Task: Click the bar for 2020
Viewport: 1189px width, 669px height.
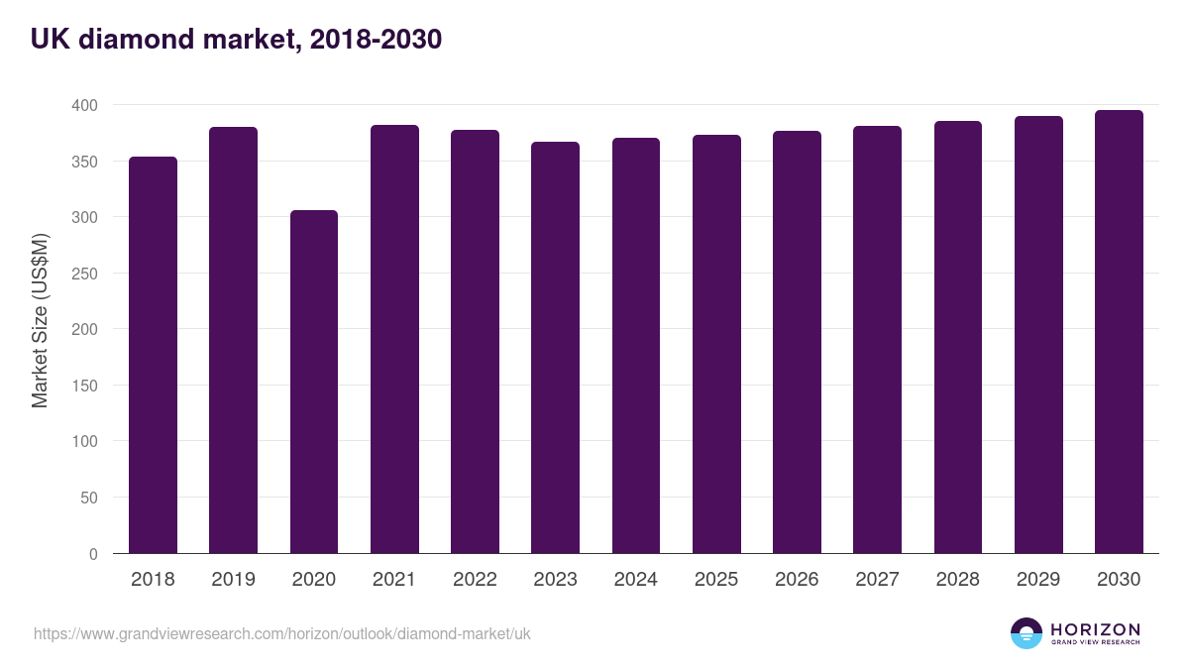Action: [x=314, y=382]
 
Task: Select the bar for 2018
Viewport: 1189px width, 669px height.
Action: [x=153, y=355]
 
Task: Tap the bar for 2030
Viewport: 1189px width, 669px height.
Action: [x=1119, y=332]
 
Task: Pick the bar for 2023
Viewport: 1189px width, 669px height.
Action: [x=555, y=348]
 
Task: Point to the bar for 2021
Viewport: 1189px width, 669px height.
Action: [x=394, y=339]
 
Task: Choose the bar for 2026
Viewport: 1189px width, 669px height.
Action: [x=797, y=342]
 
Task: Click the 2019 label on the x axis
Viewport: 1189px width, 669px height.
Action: [x=233, y=580]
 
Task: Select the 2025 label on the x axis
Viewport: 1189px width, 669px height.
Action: [x=715, y=580]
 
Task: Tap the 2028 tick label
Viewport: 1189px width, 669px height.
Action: [x=957, y=580]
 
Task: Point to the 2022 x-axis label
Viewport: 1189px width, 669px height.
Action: [x=475, y=580]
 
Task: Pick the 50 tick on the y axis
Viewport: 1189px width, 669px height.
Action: [x=88, y=498]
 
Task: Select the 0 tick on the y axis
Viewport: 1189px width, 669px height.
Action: [x=93, y=554]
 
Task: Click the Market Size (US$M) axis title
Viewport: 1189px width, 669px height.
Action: [x=40, y=319]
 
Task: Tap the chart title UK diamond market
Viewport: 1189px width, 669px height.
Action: [x=236, y=40]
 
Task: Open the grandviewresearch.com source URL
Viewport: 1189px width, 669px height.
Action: [x=282, y=633]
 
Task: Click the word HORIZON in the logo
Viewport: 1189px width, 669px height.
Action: [x=1095, y=628]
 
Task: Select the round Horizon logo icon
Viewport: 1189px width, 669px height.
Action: [x=1027, y=633]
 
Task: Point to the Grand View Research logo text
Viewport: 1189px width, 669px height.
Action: [x=1095, y=643]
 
